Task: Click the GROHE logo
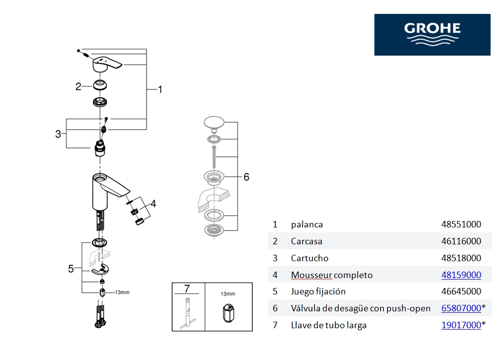[432, 34]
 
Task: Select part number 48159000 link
[461, 275]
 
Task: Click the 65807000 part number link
[461, 308]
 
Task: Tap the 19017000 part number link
[461, 325]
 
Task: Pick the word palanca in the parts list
[307, 224]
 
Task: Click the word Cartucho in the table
[309, 258]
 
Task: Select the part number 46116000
[461, 241]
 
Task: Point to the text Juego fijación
[318, 291]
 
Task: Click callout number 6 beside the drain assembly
[246, 177]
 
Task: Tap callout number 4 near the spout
[153, 204]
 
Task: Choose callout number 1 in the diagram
[160, 89]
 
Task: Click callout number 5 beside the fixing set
[71, 269]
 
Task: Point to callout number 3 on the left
[58, 134]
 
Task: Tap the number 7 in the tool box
[187, 288]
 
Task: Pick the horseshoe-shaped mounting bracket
[101, 269]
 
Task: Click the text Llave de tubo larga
[329, 325]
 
